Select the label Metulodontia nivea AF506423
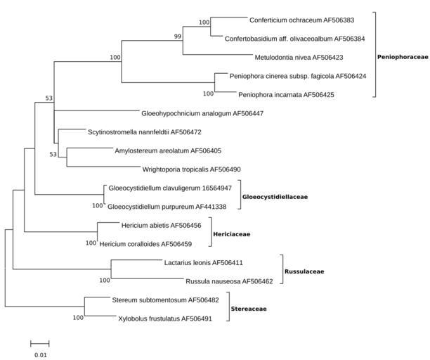[x=299, y=57]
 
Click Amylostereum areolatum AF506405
[x=168, y=150]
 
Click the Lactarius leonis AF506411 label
[x=203, y=262]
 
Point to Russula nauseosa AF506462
[x=234, y=281]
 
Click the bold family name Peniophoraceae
[x=402, y=57]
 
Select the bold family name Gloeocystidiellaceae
[x=275, y=197]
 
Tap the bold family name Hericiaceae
[x=232, y=234]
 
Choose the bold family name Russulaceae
[x=304, y=271]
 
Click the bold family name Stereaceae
[x=249, y=309]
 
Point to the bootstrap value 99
[x=178, y=36]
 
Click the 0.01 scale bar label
[x=40, y=355]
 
